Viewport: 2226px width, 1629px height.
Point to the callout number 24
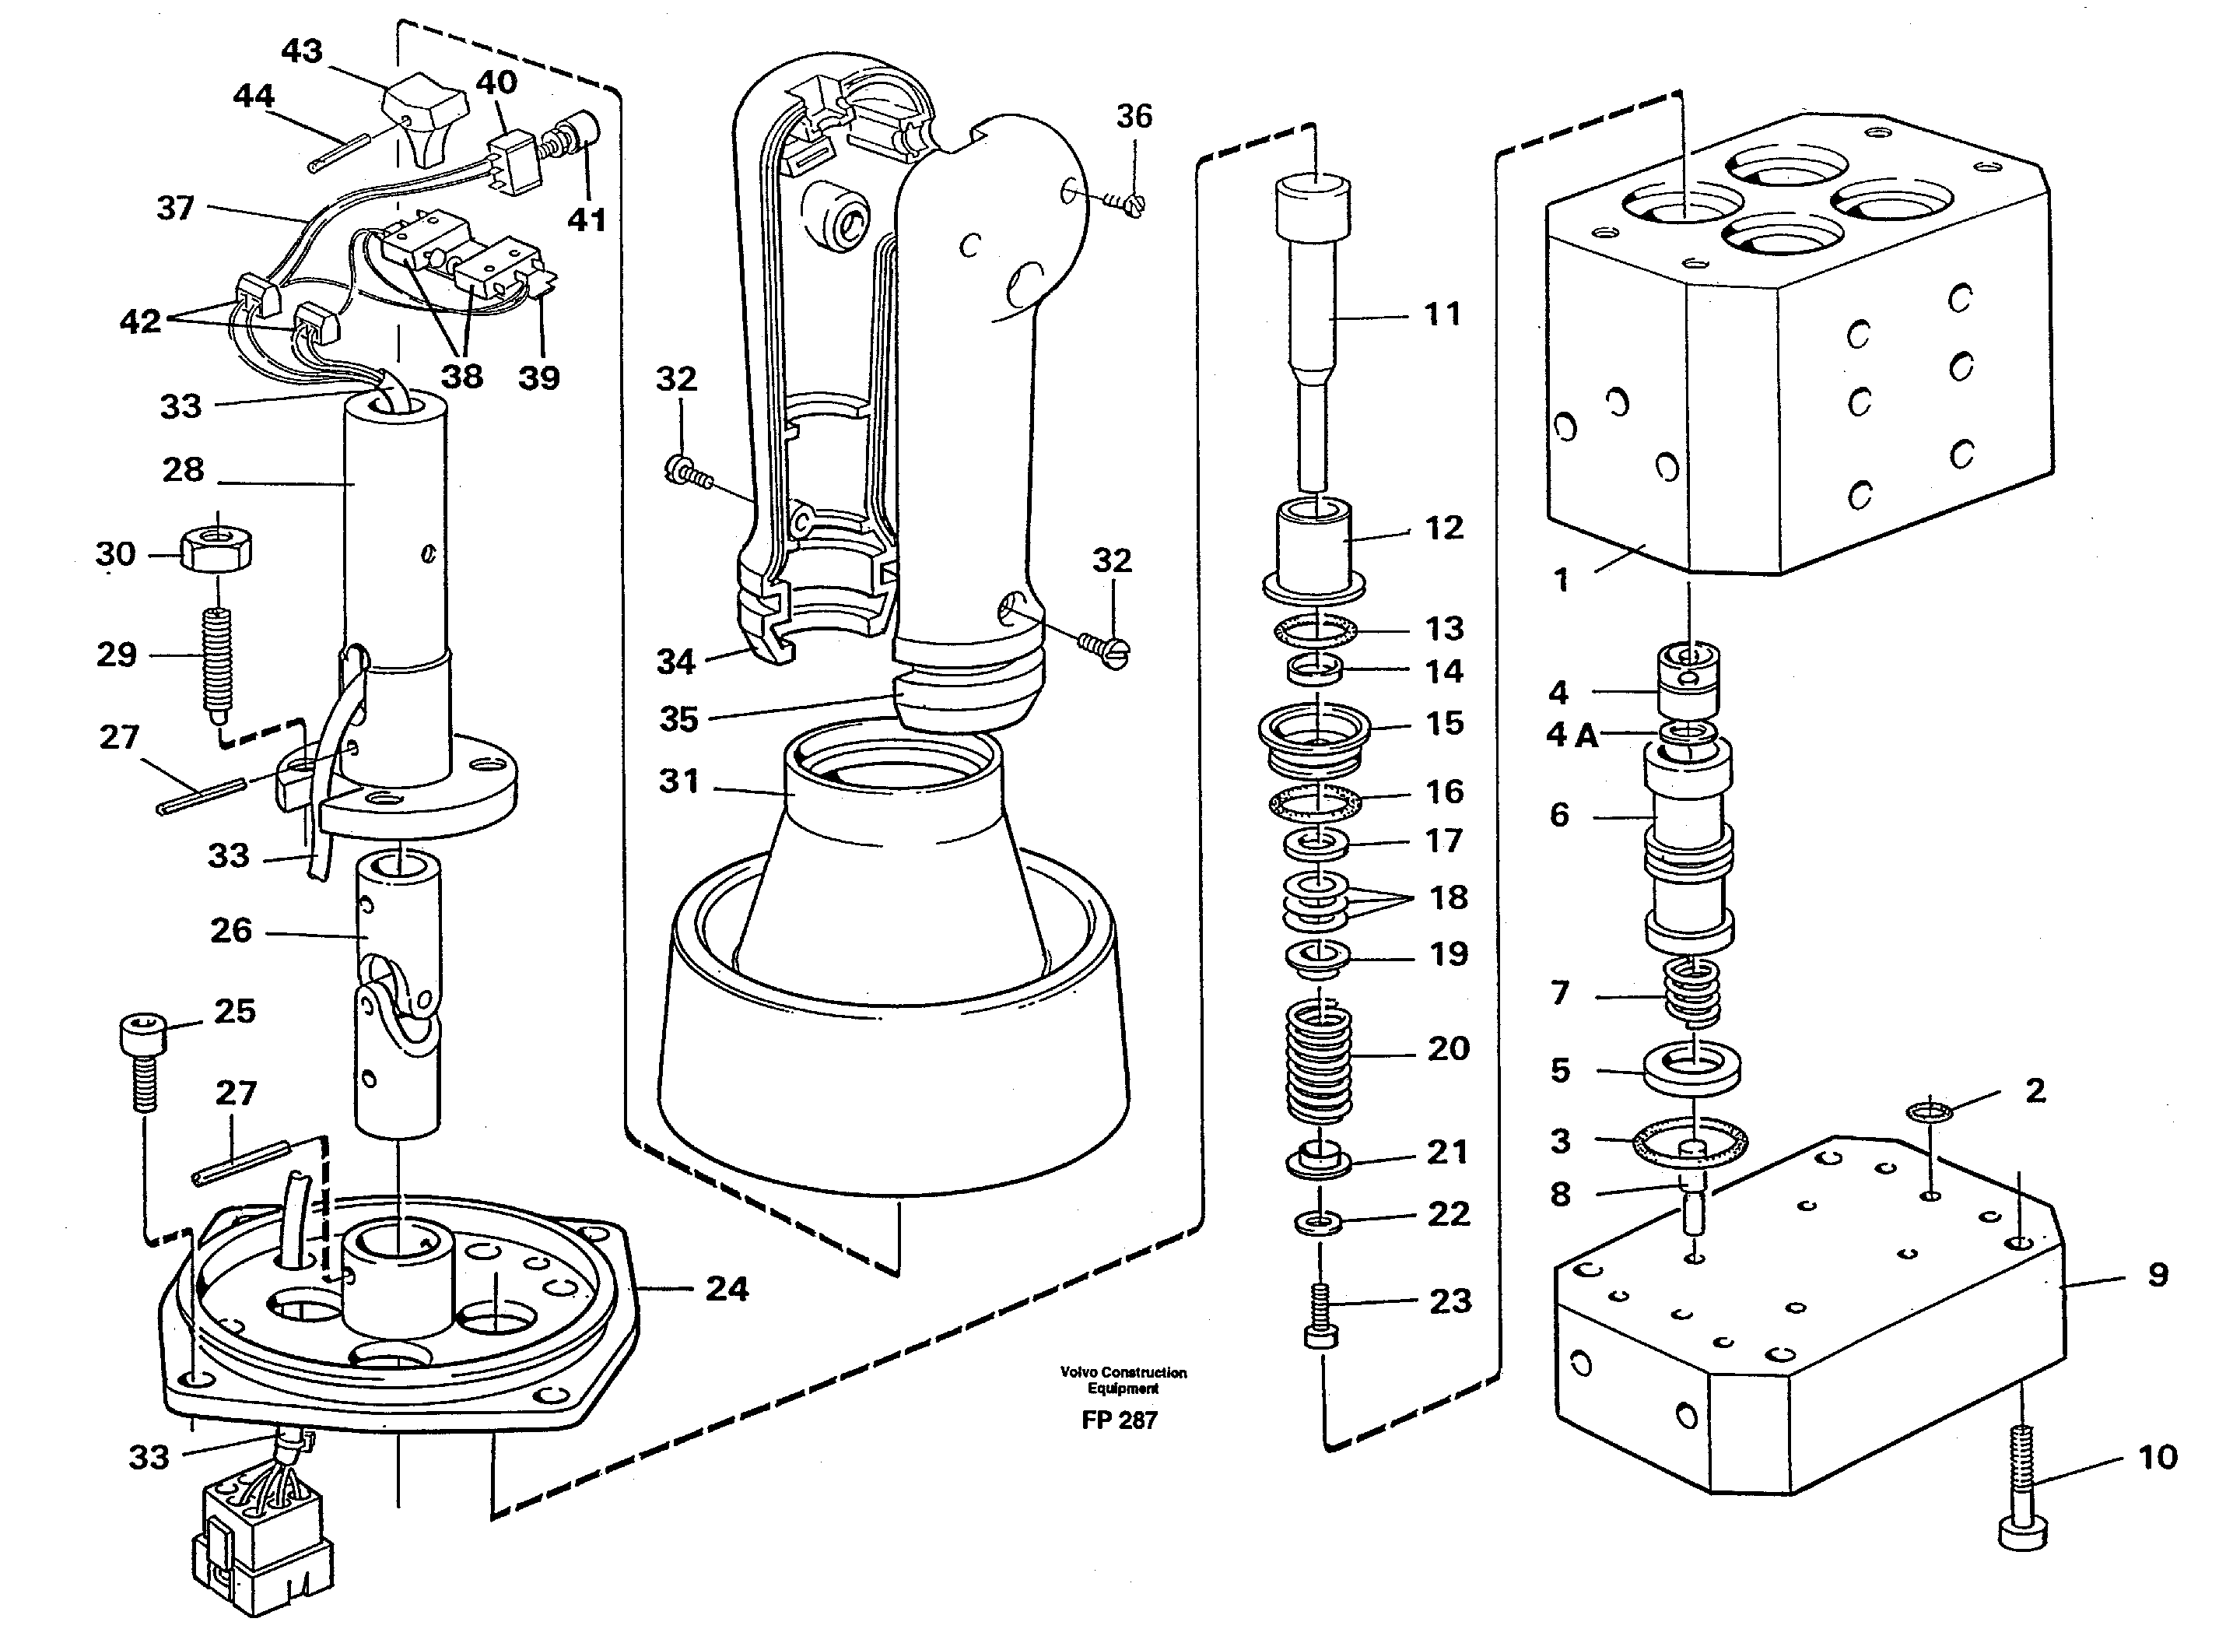point(727,1289)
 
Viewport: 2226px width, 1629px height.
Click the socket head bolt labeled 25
point(143,1062)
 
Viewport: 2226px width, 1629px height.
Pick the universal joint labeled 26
point(398,991)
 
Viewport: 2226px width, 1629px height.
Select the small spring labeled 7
point(1691,993)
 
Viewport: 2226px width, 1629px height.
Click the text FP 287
point(1119,1420)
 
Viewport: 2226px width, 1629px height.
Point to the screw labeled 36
point(1127,203)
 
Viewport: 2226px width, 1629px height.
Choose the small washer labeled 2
point(1930,1112)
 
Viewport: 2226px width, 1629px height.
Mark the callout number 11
point(1443,314)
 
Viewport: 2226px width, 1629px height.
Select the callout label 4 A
point(1572,735)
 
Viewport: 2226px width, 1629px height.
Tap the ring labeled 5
point(1691,1068)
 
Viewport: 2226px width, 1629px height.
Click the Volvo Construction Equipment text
point(1123,1379)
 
